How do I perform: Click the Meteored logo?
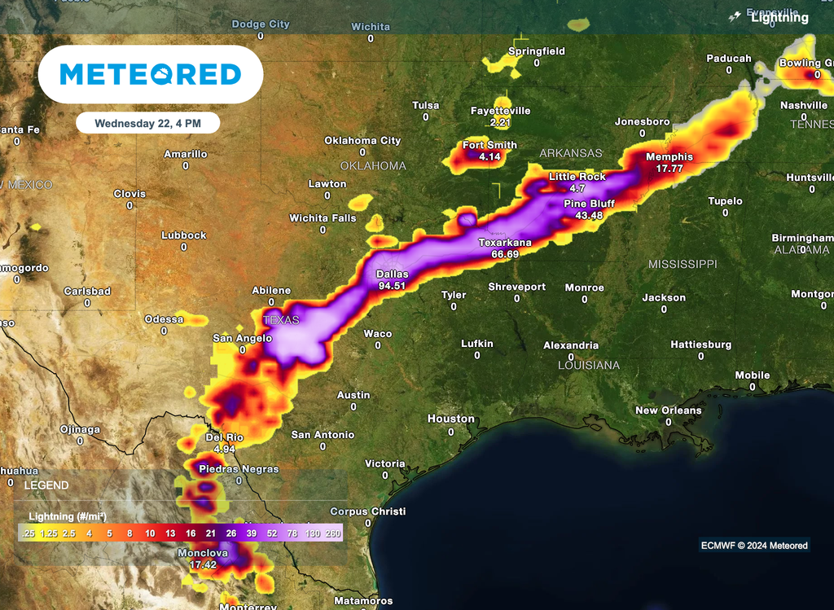pyautogui.click(x=151, y=75)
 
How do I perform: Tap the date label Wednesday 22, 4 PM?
pyautogui.click(x=147, y=123)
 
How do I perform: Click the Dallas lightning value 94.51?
pyautogui.click(x=391, y=285)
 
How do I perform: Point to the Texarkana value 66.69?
pyautogui.click(x=505, y=254)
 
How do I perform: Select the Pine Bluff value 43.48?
pyautogui.click(x=589, y=215)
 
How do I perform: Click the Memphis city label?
pyautogui.click(x=669, y=157)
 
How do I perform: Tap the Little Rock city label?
pyautogui.click(x=577, y=177)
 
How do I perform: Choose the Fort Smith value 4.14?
pyautogui.click(x=489, y=156)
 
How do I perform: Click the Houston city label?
pyautogui.click(x=451, y=419)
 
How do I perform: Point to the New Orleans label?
pyautogui.click(x=668, y=410)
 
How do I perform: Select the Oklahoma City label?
pyautogui.click(x=362, y=141)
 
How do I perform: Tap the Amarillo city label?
pyautogui.click(x=186, y=154)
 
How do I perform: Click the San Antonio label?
pyautogui.click(x=323, y=435)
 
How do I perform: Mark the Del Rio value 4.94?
pyautogui.click(x=224, y=449)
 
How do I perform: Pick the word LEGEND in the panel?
pyautogui.click(x=46, y=485)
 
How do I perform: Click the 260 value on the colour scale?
pyautogui.click(x=333, y=533)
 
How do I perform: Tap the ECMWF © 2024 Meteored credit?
pyautogui.click(x=754, y=546)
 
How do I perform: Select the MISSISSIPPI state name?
pyautogui.click(x=683, y=265)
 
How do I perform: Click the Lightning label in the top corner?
pyautogui.click(x=779, y=17)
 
